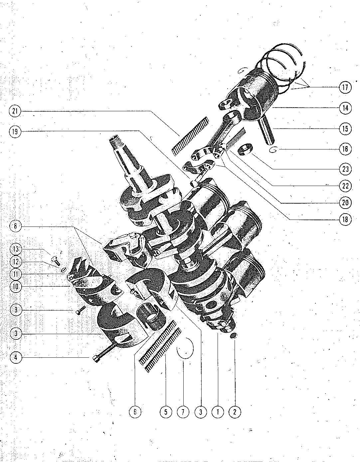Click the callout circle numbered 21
[15, 111]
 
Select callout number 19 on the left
[15, 132]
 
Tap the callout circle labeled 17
[345, 87]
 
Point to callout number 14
[345, 108]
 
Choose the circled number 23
[345, 169]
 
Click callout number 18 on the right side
[345, 219]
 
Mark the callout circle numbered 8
[16, 226]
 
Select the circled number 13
[16, 249]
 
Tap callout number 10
[16, 287]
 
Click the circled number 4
[16, 358]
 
